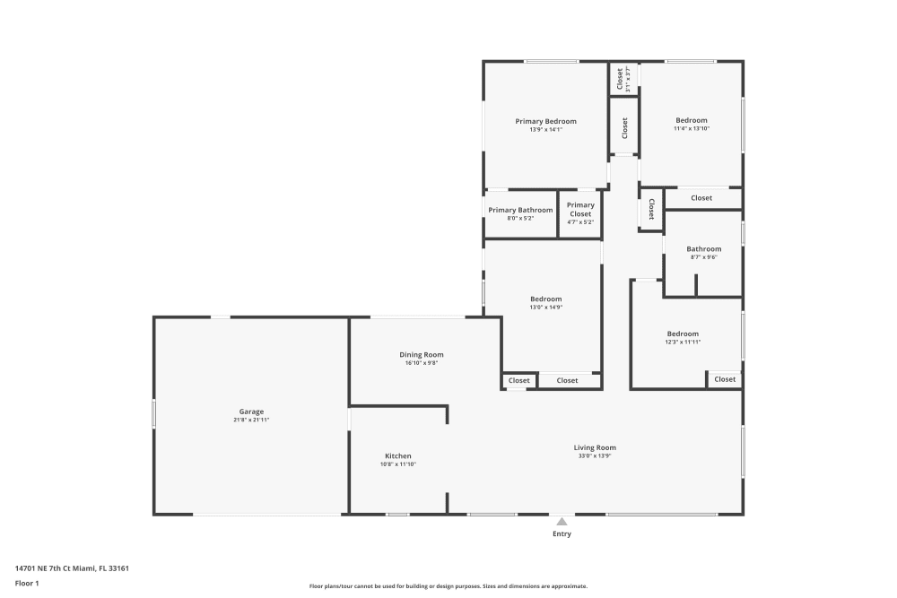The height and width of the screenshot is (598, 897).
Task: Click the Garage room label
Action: pos(251,412)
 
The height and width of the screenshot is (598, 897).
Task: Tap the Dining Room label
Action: pos(421,355)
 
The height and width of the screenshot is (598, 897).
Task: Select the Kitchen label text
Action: pos(397,456)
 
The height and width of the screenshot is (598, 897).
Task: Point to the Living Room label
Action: pos(595,447)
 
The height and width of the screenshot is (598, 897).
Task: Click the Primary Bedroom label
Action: pos(545,121)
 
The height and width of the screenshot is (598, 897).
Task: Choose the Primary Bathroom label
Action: pos(520,210)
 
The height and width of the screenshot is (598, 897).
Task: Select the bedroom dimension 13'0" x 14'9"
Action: pos(545,308)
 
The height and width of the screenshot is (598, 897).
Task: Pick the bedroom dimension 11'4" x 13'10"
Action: pos(692,129)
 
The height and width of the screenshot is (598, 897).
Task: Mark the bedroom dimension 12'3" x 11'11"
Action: pos(683,342)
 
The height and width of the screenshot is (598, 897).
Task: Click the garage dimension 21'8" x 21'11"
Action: pos(251,420)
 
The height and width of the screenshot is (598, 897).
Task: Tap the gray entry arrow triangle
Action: pos(562,521)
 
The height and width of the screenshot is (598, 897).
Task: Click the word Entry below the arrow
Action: pos(562,533)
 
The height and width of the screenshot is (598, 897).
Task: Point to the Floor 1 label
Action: pos(27,583)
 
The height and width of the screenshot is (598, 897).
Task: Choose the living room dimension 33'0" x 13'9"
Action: pos(595,456)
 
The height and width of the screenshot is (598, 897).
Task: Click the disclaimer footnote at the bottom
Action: pos(448,586)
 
